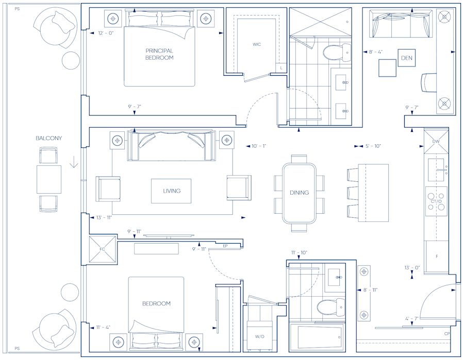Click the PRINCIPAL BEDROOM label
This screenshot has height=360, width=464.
tap(159, 54)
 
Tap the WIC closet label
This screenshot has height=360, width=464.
tap(257, 44)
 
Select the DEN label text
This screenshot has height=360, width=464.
tap(407, 58)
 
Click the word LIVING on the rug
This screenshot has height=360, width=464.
tap(172, 191)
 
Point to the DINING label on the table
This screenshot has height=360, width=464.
tap(299, 193)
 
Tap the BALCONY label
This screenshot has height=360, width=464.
tap(48, 139)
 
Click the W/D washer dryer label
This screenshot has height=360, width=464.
tap(260, 337)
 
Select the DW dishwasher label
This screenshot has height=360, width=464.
tap(436, 141)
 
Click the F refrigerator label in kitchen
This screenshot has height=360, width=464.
tap(437, 256)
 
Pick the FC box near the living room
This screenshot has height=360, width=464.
tap(102, 249)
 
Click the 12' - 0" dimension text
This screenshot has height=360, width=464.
tap(106, 33)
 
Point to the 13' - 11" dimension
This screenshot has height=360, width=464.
tap(104, 217)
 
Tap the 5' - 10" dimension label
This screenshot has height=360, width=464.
tap(373, 146)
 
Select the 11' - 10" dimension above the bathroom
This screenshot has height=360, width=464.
tap(299, 252)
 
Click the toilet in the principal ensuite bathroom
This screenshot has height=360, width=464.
tap(334, 52)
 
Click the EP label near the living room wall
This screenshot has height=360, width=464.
tap(225, 246)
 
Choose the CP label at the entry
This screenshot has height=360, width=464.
tap(446, 334)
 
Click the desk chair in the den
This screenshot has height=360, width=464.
tap(428, 82)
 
